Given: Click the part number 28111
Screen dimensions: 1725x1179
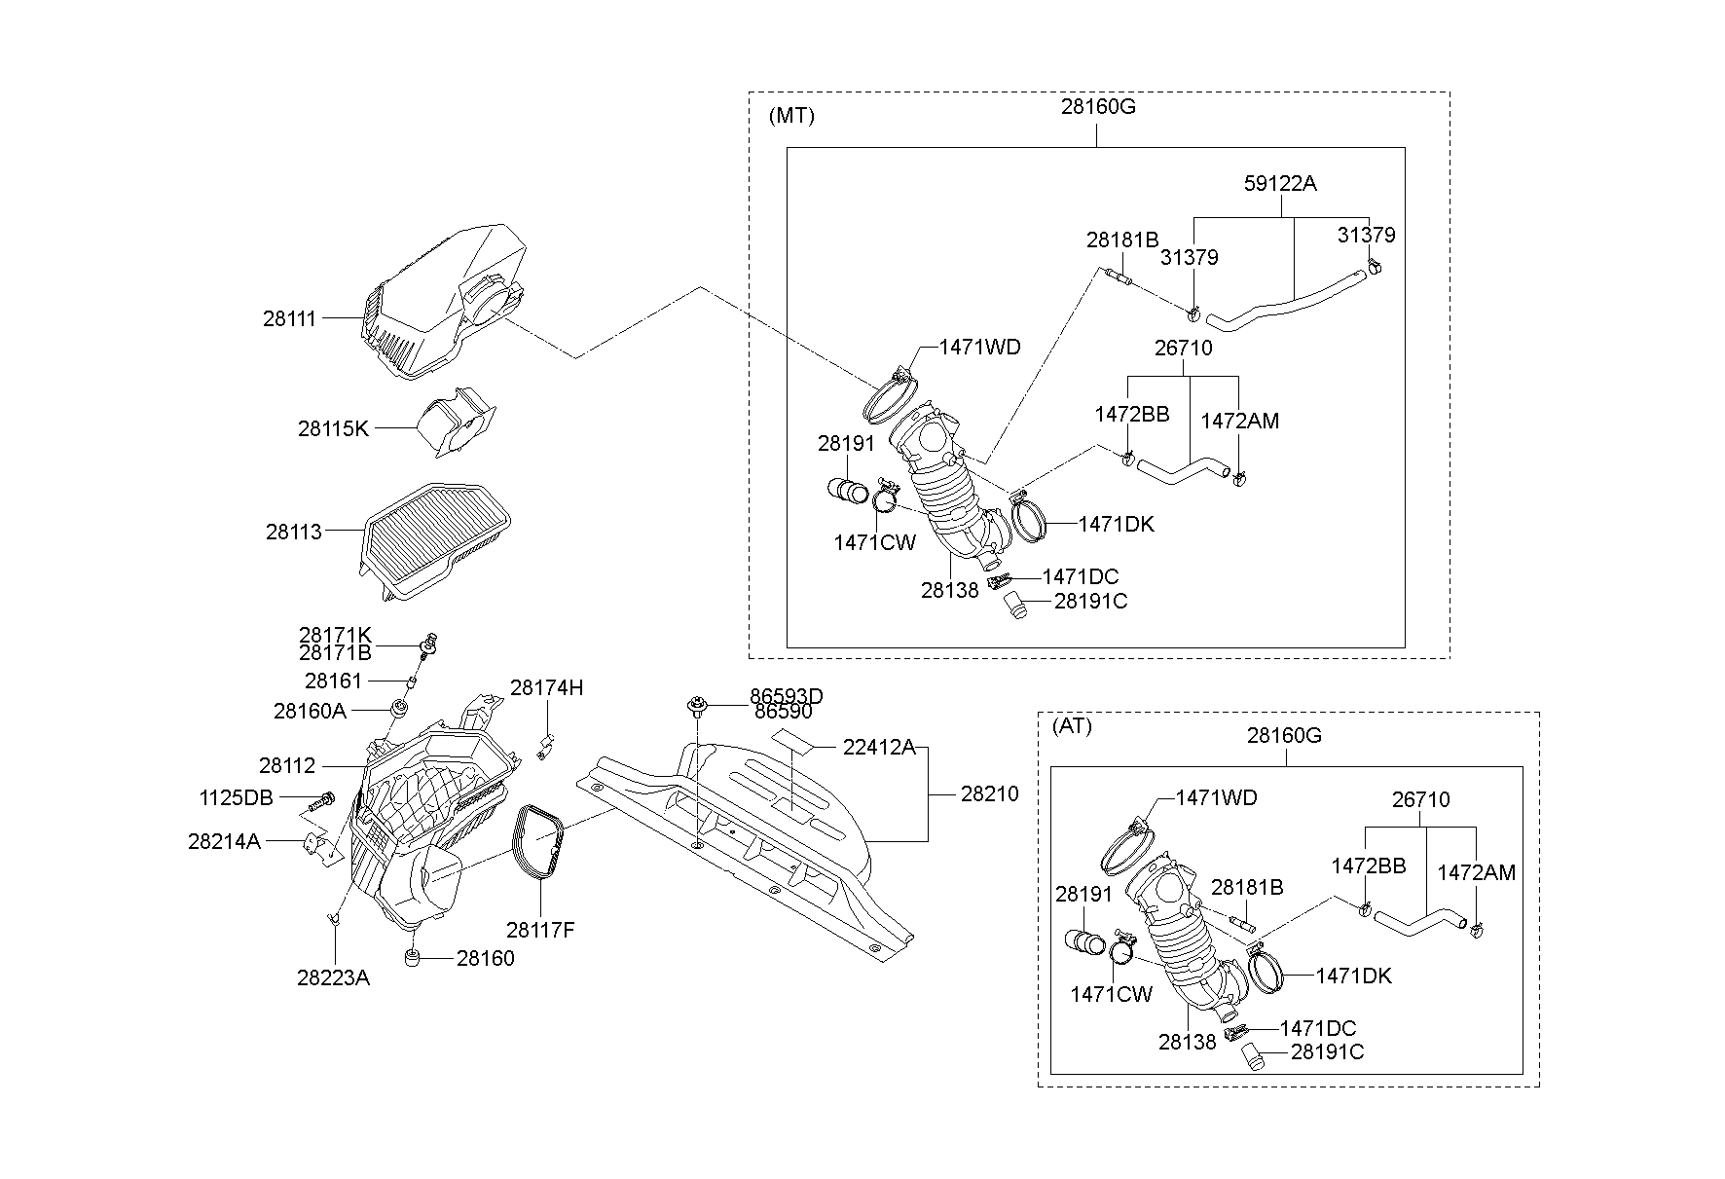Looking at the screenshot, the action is point(289,318).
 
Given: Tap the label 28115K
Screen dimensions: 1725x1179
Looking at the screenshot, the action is point(333,428).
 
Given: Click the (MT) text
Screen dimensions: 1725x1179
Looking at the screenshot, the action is point(791,116).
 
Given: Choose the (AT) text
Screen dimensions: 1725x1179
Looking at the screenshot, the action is point(1072,726).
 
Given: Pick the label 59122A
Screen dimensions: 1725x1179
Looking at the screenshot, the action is point(1280,183).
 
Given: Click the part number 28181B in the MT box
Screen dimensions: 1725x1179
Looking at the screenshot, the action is point(1122,239).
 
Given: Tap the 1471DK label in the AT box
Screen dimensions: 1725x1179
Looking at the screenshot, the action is point(1354,976).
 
